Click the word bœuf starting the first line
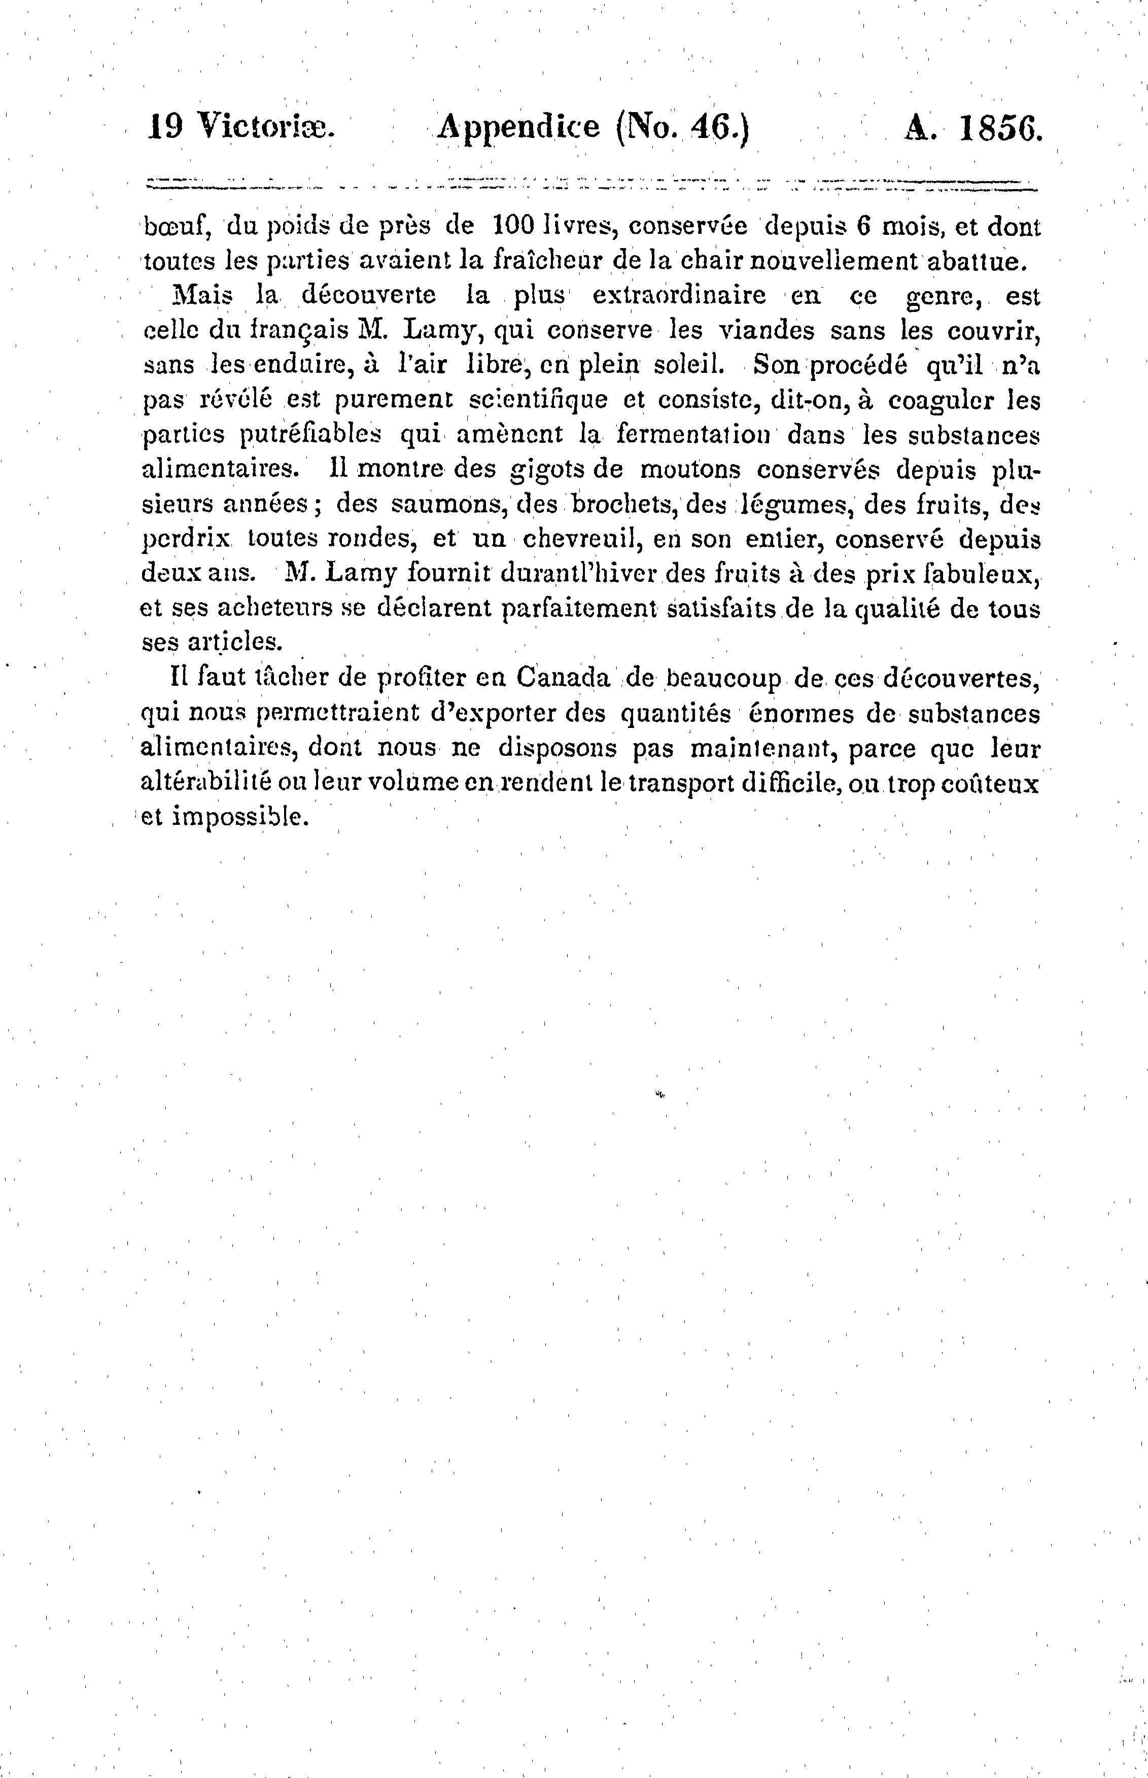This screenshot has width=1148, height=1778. (x=168, y=226)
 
